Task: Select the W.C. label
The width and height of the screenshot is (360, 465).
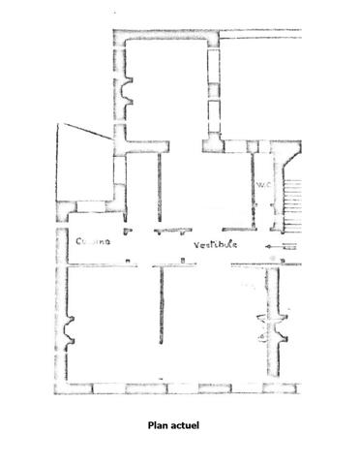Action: pos(261,183)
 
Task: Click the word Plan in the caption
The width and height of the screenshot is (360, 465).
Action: pos(159,423)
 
